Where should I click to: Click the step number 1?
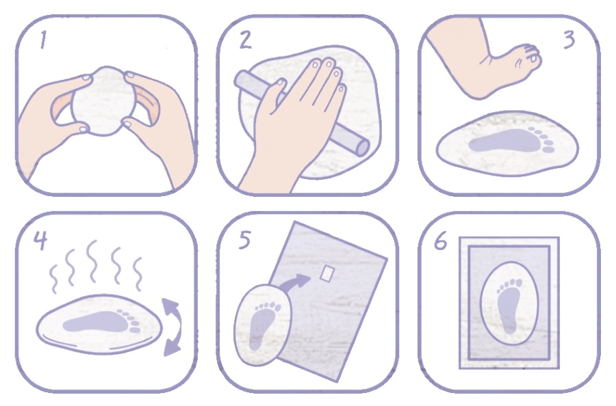43,40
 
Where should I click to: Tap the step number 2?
246,40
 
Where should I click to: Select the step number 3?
569,40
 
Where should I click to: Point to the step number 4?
40,241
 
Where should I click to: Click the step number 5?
244,240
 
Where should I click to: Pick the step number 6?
440,241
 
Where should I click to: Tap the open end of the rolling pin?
362,147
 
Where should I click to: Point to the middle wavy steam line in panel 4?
92,261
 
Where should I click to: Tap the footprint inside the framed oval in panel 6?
509,306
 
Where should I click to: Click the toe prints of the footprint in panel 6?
509,285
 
